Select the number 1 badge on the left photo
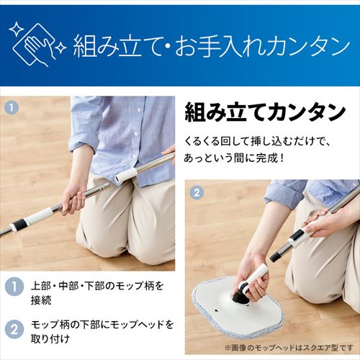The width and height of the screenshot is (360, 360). coord(11,106)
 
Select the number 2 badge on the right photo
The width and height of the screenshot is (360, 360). coord(197,194)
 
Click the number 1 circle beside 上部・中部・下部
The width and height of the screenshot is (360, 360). coord(14,287)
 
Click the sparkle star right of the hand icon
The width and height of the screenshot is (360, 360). coord(62,49)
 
